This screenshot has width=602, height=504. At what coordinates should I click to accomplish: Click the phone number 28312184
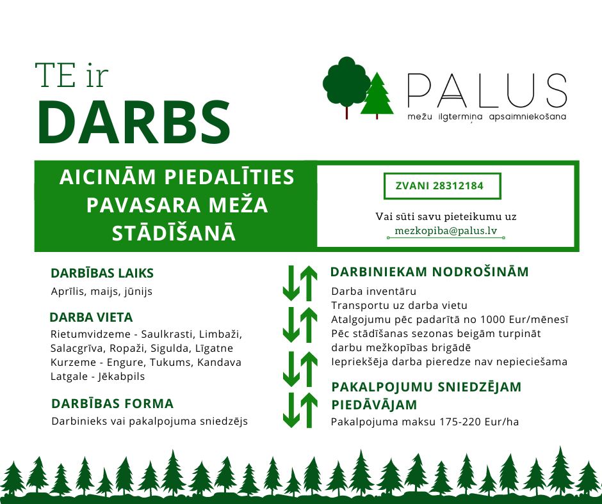point(458,186)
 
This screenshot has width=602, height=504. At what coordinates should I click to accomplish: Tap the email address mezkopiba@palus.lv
point(446,231)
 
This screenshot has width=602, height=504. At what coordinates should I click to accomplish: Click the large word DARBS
point(134,122)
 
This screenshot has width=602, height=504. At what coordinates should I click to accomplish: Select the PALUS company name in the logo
point(487,90)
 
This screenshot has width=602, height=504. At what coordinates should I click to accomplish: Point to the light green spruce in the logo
point(377,95)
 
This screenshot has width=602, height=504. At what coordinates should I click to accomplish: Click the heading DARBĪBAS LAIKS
point(102,273)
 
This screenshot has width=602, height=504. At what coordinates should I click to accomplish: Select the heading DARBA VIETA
point(91,318)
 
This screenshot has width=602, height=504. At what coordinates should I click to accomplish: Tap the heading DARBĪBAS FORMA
point(113,404)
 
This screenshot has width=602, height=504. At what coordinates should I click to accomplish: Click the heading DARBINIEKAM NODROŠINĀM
point(429,272)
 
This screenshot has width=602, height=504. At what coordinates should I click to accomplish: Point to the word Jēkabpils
point(121,377)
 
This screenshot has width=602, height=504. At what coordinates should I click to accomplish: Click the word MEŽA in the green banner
point(238,205)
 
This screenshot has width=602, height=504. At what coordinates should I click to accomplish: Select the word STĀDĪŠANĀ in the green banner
point(174,233)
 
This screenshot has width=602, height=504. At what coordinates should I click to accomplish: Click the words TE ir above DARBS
point(72,75)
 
